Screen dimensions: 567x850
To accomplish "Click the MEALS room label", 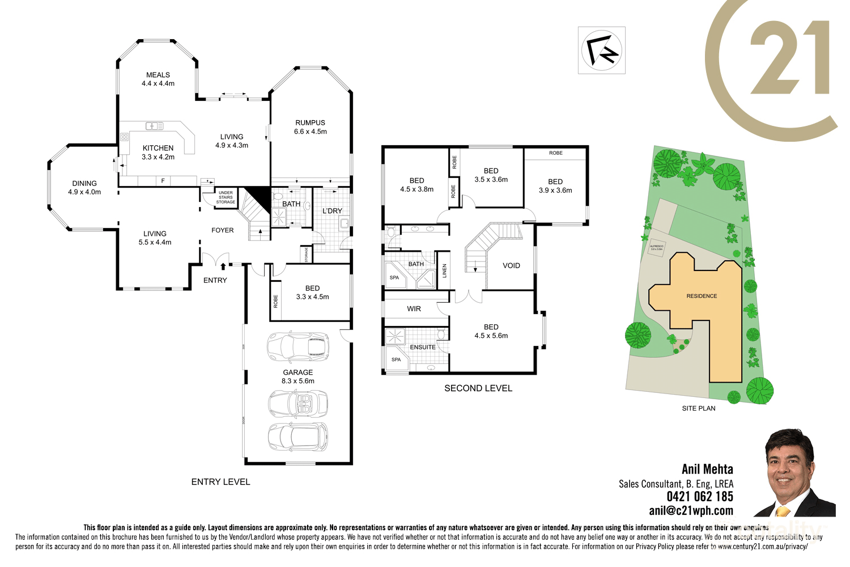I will [x=158, y=75].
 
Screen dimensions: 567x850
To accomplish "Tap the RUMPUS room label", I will [x=310, y=122].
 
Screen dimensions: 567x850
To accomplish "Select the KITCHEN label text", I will [x=158, y=148].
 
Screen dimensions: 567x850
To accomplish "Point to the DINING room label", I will [x=84, y=183].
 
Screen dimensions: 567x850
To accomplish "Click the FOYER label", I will [x=223, y=230].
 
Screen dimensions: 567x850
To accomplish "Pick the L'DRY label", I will [x=332, y=211].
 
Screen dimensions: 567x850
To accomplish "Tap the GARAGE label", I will [x=298, y=373].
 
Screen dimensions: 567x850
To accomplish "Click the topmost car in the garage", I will [x=298, y=346].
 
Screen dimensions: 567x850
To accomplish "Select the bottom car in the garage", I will [x=298, y=437].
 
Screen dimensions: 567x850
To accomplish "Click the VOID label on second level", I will [x=511, y=265].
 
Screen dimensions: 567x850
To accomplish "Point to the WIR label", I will [x=414, y=309].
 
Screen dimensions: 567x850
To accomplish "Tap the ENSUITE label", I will [x=423, y=347].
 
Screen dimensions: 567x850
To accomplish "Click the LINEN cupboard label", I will [x=445, y=271].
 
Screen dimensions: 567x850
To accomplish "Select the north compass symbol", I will [x=602, y=50].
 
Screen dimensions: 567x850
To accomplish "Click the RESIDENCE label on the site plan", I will [x=702, y=296].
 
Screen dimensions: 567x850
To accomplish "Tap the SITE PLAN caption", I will [x=699, y=408].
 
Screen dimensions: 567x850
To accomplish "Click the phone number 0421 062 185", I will [x=700, y=497].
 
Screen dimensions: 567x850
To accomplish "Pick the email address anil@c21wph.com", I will [x=691, y=511].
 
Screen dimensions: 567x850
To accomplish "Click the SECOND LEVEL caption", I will [x=478, y=388].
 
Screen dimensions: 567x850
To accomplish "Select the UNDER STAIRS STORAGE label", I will [x=226, y=197].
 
